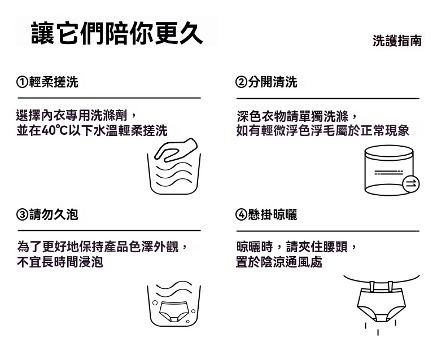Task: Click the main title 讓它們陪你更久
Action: click(117, 33)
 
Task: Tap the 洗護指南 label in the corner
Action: click(397, 41)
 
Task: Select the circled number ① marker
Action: click(22, 82)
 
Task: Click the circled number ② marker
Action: click(241, 82)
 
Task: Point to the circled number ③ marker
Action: click(22, 215)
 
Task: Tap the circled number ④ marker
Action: click(241, 215)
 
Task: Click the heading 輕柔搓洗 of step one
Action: click(54, 82)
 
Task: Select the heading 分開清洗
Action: click(273, 82)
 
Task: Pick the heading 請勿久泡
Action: click(54, 214)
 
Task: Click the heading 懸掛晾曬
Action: click(273, 214)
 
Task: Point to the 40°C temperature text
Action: click(54, 130)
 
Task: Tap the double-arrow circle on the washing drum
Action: click(411, 184)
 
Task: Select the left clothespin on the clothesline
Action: click(372, 286)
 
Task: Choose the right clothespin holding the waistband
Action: click(390, 286)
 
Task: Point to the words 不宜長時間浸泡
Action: click(60, 262)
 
